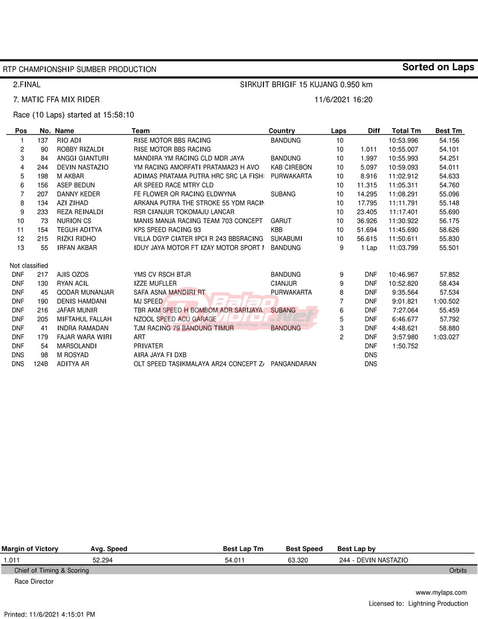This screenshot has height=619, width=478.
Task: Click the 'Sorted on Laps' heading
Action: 438,67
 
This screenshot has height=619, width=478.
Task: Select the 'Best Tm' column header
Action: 448,131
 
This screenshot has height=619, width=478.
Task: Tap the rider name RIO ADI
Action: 69,140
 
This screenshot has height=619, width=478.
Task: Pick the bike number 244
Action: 42,167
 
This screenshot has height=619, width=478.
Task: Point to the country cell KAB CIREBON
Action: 291,167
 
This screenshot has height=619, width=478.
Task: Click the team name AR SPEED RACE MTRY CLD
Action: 173,185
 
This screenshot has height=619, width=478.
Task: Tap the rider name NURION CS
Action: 74,221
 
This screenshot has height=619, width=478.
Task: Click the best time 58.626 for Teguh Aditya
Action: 449,230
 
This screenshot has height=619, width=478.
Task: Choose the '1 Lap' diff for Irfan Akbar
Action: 369,248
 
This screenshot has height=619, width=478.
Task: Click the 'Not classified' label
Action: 29,266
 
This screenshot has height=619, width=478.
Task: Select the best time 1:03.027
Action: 447,337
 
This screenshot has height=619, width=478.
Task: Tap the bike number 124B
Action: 41,364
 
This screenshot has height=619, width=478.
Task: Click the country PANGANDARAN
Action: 293,364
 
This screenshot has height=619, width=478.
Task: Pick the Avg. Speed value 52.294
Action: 103,560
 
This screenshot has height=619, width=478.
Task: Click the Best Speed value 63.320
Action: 297,560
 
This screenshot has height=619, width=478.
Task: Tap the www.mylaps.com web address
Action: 441,592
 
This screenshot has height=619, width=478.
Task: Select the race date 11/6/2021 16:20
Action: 343,99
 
